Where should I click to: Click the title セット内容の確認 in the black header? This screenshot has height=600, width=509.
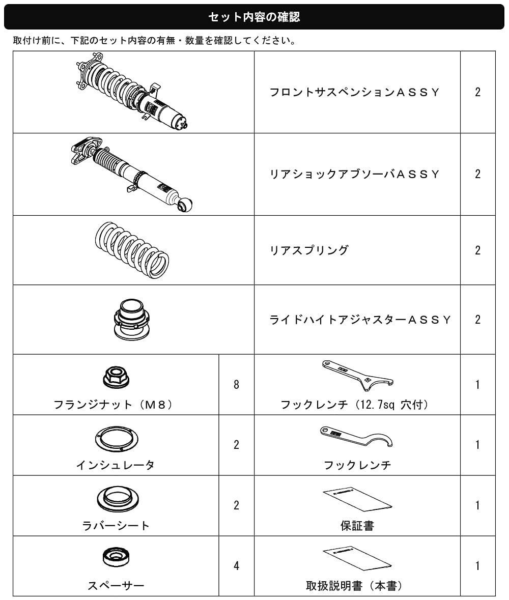point(254,17)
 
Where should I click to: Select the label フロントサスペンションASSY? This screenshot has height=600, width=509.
point(354,92)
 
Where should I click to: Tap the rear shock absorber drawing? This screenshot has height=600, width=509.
point(132,174)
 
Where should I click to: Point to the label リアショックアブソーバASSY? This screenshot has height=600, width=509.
point(354,174)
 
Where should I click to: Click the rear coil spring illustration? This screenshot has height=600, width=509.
point(132,250)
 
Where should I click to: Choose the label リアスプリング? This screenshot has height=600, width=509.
point(309,250)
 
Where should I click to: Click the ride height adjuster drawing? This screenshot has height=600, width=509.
point(132,319)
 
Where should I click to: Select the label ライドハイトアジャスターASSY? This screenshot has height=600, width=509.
point(360,320)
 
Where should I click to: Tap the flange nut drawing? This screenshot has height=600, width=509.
point(116,377)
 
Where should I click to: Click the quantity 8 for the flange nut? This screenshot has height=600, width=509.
point(237,384)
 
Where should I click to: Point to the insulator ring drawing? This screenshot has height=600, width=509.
point(117,439)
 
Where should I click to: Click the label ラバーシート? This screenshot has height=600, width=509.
point(116,525)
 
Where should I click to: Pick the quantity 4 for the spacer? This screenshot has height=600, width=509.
point(237,565)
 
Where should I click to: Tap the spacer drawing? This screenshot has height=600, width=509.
point(116,557)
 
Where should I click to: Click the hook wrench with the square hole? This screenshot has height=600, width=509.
point(357,375)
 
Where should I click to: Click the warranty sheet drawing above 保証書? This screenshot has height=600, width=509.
point(357,499)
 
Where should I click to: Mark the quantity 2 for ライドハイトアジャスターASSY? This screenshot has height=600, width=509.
point(477,320)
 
